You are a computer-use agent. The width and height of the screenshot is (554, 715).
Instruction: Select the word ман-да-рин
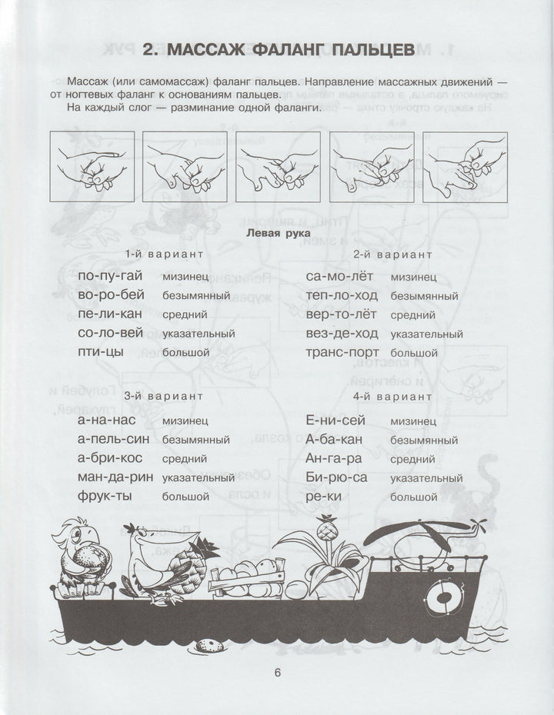113,477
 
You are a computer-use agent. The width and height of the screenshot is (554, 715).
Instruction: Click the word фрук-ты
105,497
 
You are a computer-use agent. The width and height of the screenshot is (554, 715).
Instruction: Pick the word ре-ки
322,497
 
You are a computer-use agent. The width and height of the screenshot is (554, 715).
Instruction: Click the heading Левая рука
277,231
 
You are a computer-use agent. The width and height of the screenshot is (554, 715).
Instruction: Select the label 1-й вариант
165,254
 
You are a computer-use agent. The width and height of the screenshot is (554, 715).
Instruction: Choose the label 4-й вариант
392,397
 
